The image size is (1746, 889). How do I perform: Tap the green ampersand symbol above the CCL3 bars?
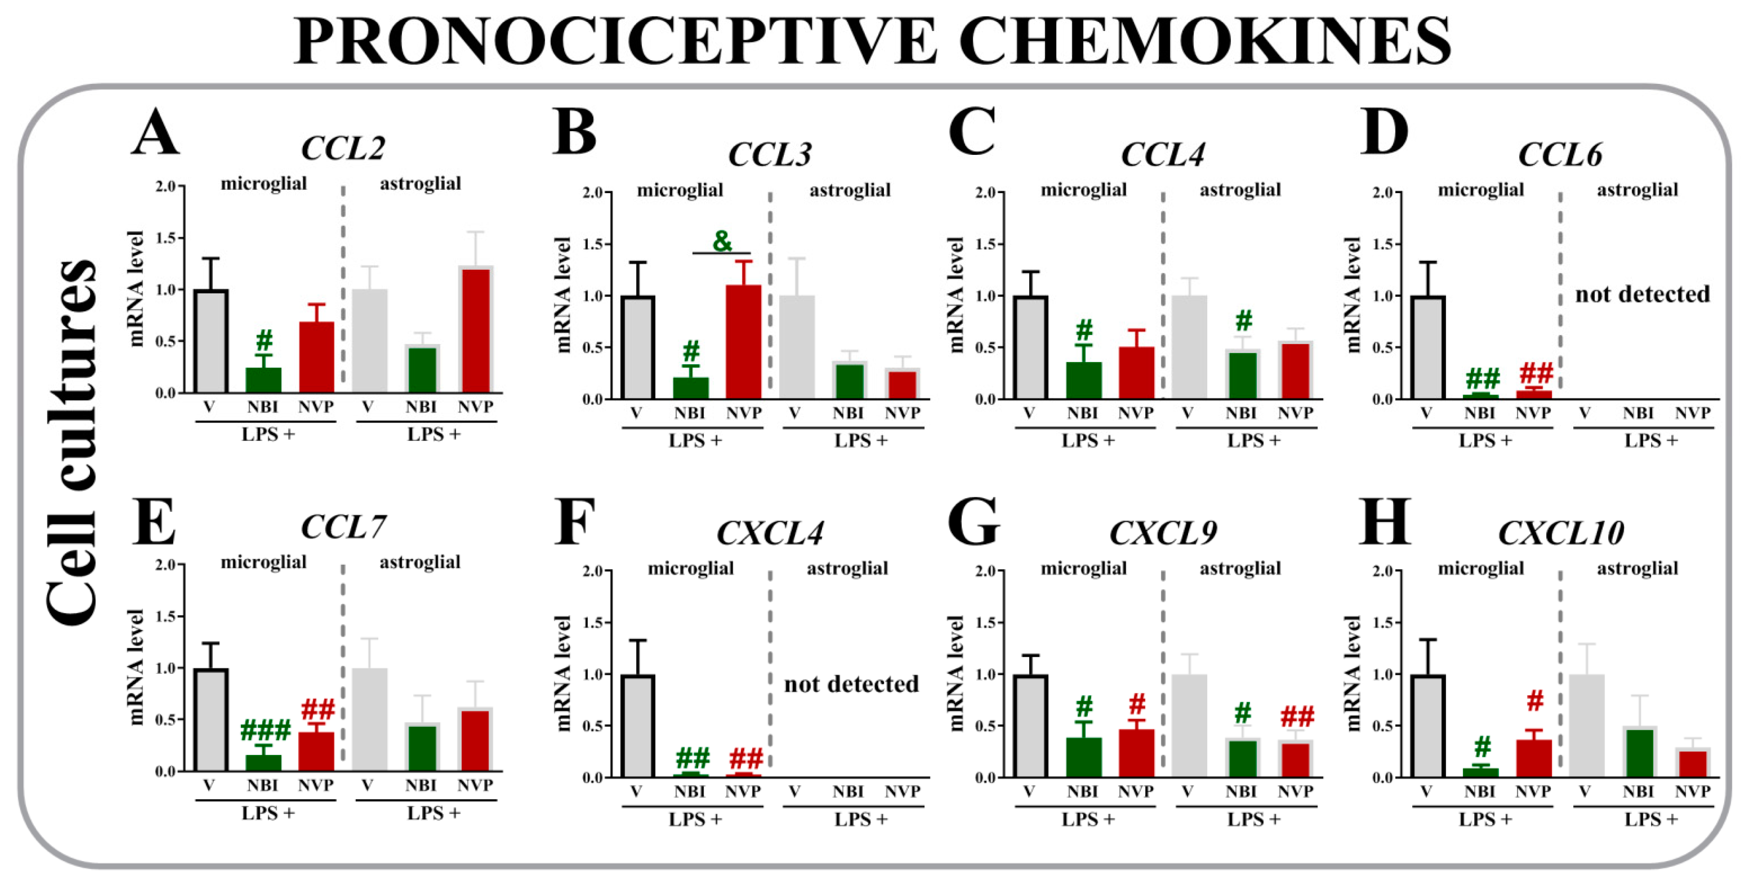point(722,240)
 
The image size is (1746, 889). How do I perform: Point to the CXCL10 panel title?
point(1560,533)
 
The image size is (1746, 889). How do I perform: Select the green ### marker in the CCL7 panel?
point(265,731)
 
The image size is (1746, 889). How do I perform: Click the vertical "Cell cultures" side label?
point(73,440)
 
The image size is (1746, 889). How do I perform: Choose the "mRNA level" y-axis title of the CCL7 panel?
point(136,667)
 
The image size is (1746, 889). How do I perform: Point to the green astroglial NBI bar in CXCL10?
point(1638,753)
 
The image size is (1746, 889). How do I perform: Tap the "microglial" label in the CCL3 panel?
point(680,190)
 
